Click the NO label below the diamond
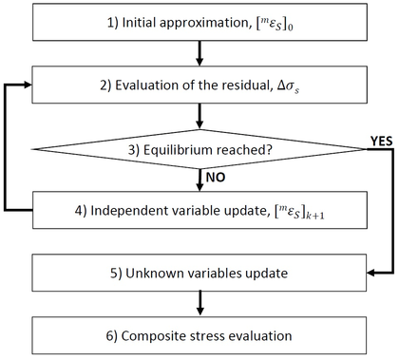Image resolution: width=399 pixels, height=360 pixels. tap(214, 177)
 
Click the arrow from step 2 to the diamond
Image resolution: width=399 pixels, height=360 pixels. tap(198, 116)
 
